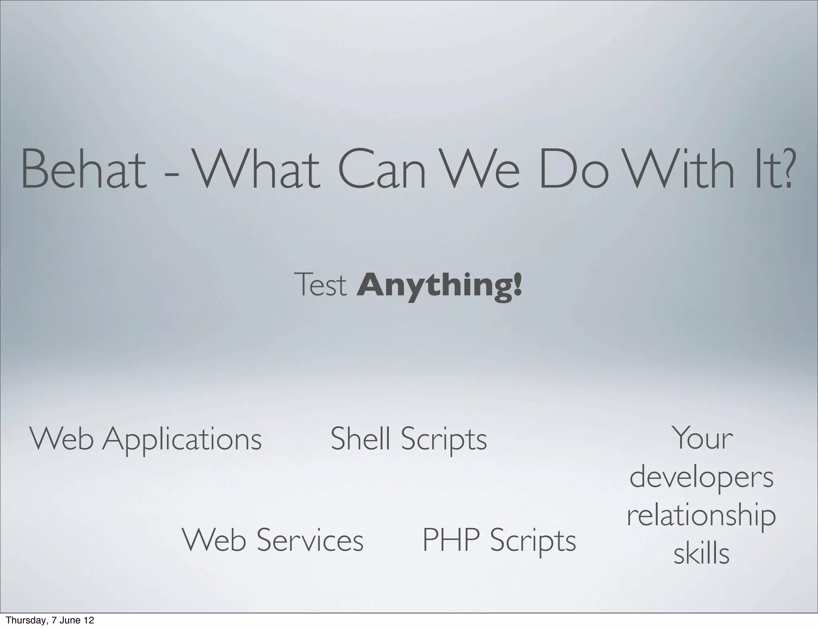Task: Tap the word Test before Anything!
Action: pos(320,285)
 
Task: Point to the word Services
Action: pos(310,540)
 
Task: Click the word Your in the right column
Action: pos(702,438)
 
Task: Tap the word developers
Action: pos(702,478)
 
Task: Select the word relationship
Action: pos(702,516)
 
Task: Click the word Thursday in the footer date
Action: pos(22,621)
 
